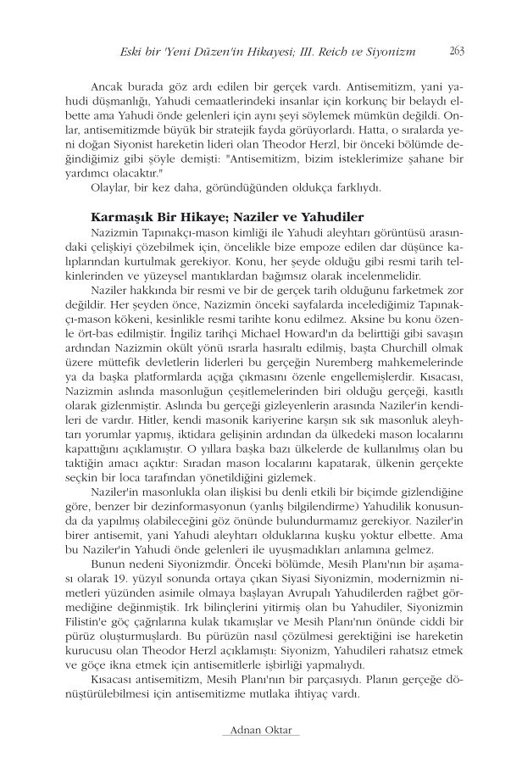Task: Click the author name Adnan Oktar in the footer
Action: click(260, 730)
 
